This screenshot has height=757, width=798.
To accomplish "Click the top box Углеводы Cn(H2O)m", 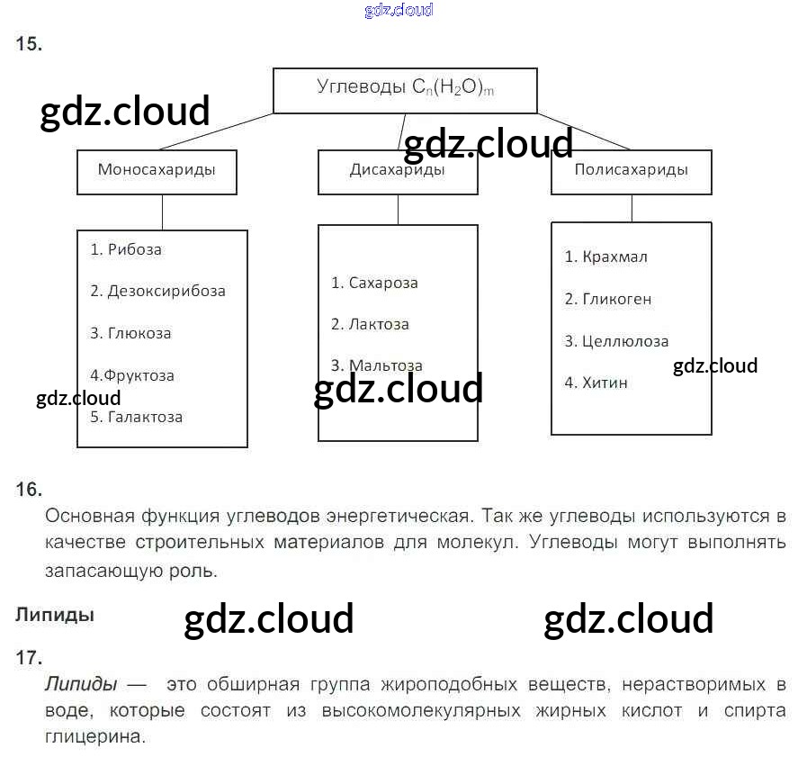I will click(x=405, y=89).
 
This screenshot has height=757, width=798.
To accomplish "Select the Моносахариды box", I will click(x=157, y=171).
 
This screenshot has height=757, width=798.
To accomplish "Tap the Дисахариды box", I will click(x=397, y=171).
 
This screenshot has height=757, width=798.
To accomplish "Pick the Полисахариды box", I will click(x=631, y=170).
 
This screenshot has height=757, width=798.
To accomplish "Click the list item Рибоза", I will click(x=126, y=249).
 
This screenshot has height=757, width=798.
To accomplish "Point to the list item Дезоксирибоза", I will click(x=157, y=291).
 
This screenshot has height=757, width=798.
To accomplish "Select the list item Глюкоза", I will click(x=130, y=333).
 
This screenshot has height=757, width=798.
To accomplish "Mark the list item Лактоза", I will click(x=370, y=324).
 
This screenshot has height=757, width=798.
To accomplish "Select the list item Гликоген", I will click(x=607, y=299).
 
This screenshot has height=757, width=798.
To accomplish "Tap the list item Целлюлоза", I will click(x=616, y=341).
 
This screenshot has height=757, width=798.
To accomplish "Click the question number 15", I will click(x=28, y=44).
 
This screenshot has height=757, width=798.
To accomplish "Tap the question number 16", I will click(x=28, y=490).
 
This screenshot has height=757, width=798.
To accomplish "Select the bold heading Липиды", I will click(x=54, y=616).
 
